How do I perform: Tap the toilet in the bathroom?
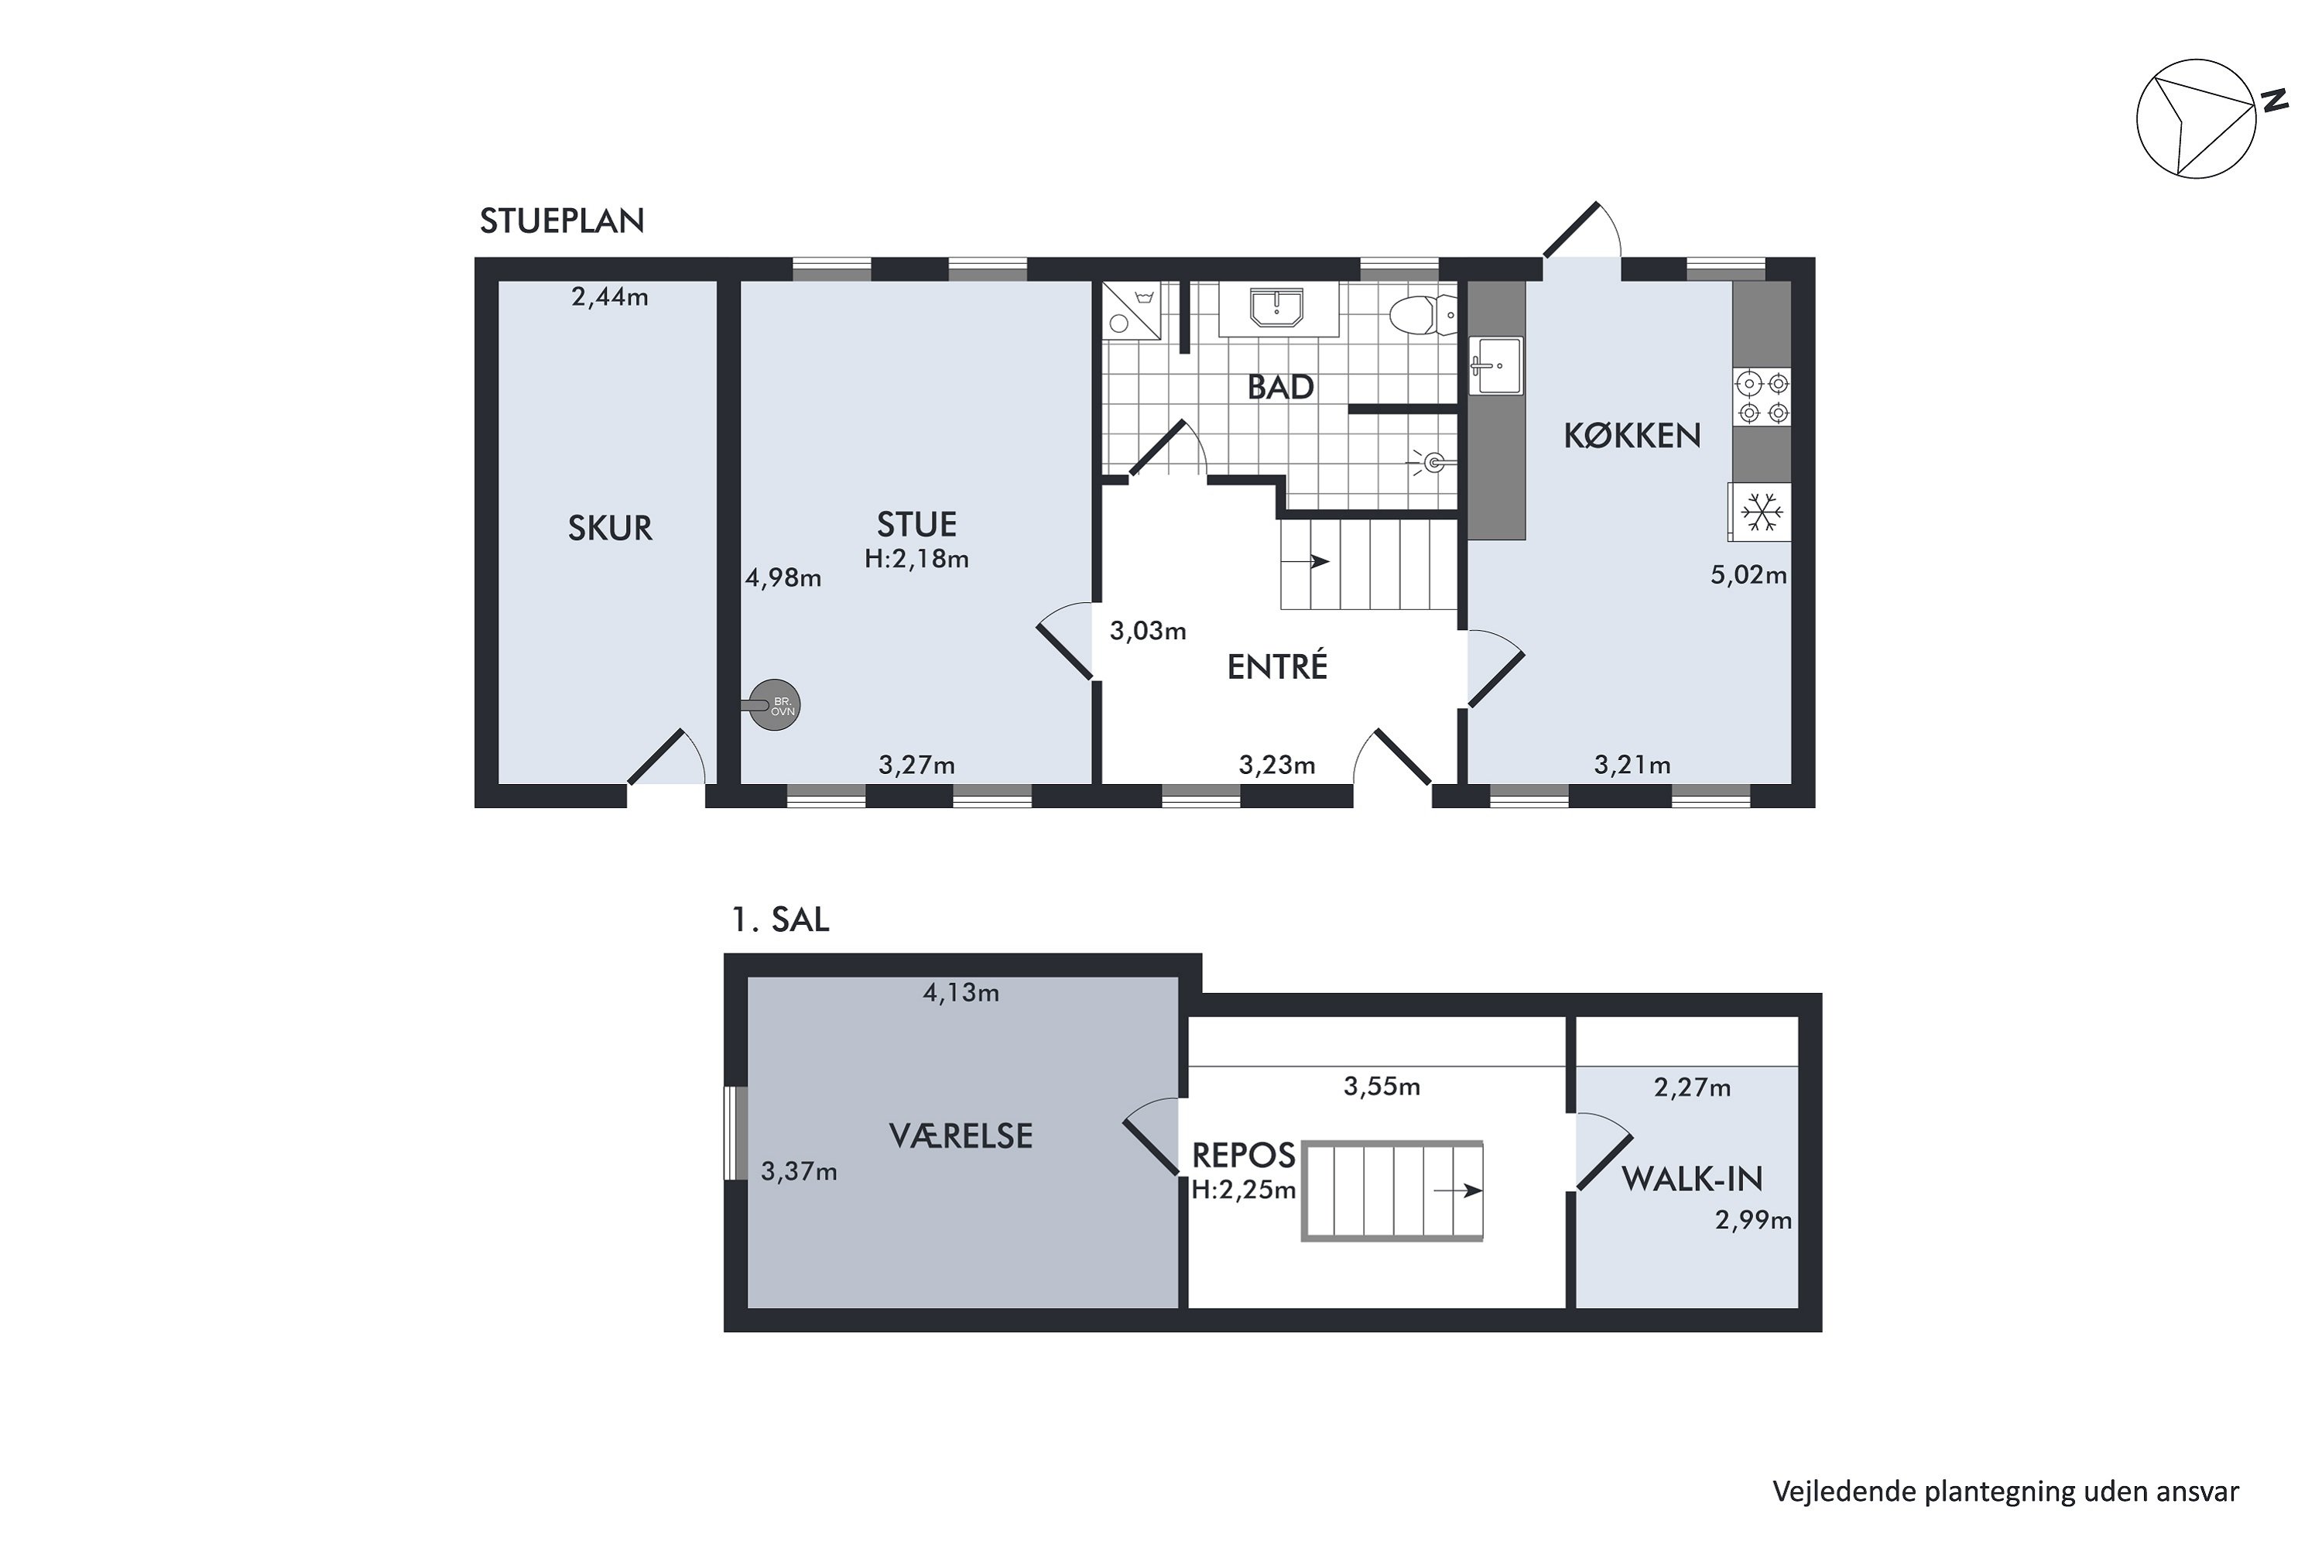coord(1423,315)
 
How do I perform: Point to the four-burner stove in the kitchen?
coord(1762,397)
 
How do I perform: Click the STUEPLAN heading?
coord(562,220)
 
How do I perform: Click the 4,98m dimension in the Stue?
coord(783,577)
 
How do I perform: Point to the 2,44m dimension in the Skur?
coord(609,296)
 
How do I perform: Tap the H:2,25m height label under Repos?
coord(1243,1190)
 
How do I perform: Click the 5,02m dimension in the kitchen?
coord(1748,574)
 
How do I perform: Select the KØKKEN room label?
coord(1632,435)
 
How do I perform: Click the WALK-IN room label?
coord(1691,1178)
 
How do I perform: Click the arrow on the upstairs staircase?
coord(1458,1190)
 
